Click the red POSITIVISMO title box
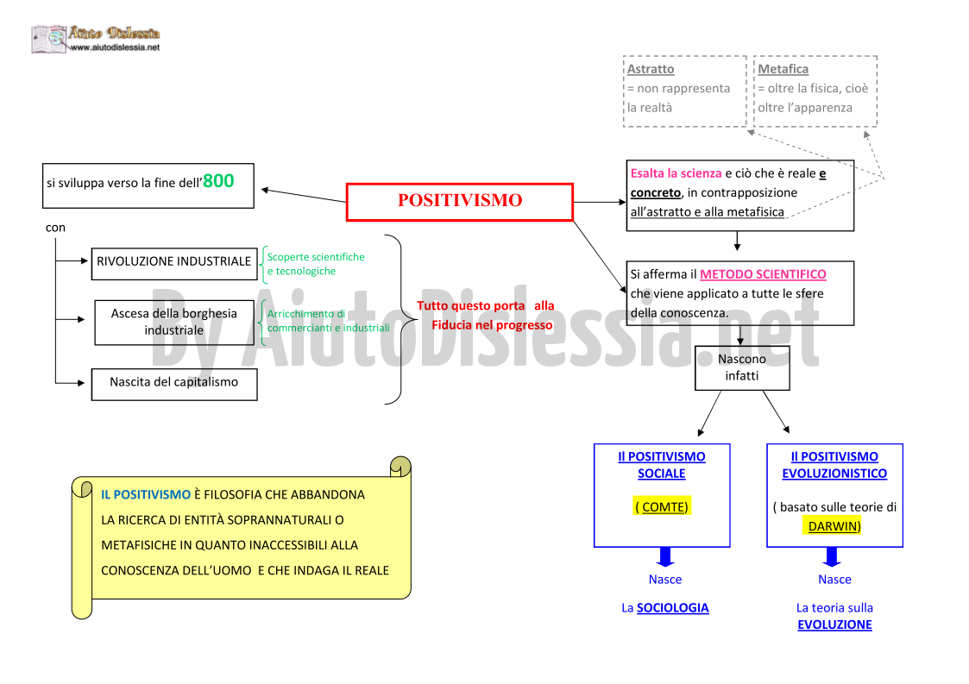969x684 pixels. point(460,202)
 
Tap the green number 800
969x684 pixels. point(218,181)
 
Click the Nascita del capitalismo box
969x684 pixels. point(174,385)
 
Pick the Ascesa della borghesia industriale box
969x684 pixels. point(174,323)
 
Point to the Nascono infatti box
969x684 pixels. point(742,367)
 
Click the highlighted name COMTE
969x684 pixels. point(662,506)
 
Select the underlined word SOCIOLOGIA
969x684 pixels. point(672,608)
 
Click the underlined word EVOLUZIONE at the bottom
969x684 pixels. point(834,624)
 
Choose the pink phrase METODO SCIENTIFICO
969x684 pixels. point(763,274)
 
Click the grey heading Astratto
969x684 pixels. point(651,69)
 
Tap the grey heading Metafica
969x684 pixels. point(783,69)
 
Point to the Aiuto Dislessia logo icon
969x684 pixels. point(49,39)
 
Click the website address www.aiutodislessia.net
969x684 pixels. point(115,47)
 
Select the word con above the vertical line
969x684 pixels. point(55,228)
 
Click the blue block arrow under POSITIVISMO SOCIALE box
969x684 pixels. point(665,556)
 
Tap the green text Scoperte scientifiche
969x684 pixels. point(316,257)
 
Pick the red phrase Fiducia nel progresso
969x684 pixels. point(492,325)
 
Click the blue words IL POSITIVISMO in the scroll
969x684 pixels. point(146,495)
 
